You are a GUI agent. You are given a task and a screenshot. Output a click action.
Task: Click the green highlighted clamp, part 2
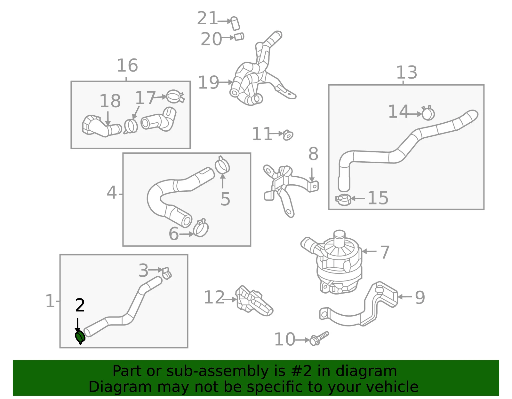(x=80, y=337)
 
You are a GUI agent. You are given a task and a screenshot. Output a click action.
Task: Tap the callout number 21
(x=207, y=18)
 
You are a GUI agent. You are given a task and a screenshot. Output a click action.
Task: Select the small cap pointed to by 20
(x=239, y=37)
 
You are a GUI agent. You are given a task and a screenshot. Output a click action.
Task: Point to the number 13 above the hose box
(x=407, y=72)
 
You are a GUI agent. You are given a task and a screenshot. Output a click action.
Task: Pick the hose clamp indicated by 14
(x=428, y=113)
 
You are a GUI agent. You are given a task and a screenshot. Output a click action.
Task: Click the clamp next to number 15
(x=343, y=200)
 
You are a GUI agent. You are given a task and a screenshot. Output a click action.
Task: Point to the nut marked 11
(x=288, y=135)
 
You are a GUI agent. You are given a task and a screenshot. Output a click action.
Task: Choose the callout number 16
(x=127, y=65)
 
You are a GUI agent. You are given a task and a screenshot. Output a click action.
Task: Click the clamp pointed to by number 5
(x=222, y=165)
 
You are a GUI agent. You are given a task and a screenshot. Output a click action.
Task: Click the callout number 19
(x=209, y=82)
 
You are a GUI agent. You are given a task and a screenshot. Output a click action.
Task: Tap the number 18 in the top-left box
(x=110, y=101)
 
